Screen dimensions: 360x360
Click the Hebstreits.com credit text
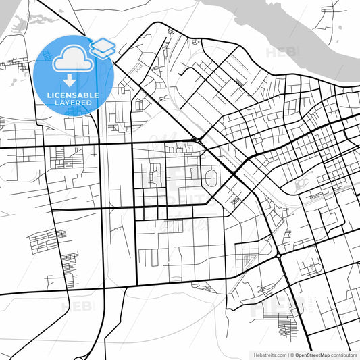(x=268, y=355)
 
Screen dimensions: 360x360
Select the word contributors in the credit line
(x=344, y=355)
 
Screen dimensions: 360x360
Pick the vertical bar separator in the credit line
(x=286, y=355)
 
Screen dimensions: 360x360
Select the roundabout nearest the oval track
(x=195, y=140)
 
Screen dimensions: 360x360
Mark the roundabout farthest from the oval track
(x=278, y=256)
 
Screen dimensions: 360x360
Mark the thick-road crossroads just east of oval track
(x=233, y=175)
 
